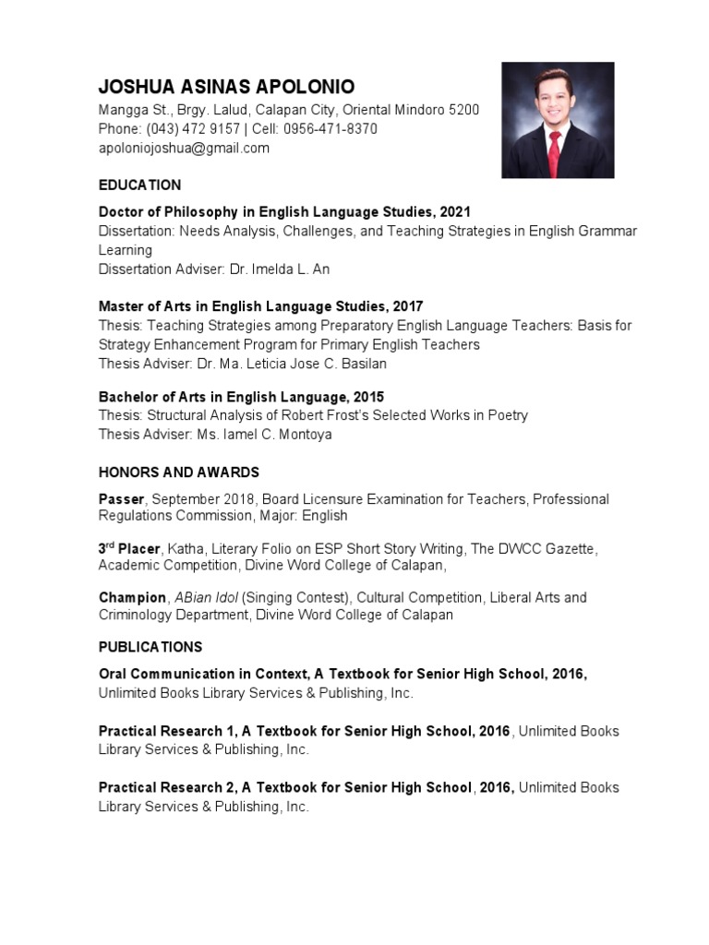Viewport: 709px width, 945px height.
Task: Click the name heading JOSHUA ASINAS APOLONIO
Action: (226, 89)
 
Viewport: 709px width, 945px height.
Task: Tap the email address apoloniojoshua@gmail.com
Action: (184, 148)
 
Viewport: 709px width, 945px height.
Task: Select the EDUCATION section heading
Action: (140, 185)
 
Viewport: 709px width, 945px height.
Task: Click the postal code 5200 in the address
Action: (464, 110)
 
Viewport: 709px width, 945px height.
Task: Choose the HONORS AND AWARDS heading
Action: (179, 472)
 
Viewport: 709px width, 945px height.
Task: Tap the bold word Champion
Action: (133, 597)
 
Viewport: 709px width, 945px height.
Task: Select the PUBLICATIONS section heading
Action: (150, 647)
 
